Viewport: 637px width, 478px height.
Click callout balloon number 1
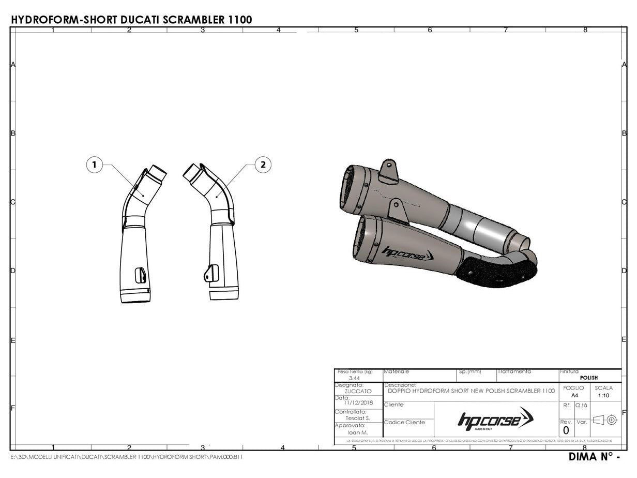[94, 165]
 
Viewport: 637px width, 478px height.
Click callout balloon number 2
[263, 165]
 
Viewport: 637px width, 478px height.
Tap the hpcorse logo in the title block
[495, 419]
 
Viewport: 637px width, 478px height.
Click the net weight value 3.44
[355, 379]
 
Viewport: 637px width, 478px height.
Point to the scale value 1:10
[603, 395]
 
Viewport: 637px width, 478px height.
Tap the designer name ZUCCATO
[358, 392]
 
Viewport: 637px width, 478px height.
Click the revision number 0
[566, 430]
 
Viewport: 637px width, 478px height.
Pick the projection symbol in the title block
[604, 420]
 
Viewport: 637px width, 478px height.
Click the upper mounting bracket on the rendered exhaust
[388, 171]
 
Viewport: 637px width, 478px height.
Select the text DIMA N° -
[594, 457]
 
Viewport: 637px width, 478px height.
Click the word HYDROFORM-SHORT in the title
[64, 20]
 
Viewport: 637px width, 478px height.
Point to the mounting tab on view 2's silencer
[209, 273]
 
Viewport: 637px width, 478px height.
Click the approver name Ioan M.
[358, 432]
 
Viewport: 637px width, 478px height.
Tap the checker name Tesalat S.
[358, 418]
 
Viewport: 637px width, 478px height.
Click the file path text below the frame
[127, 457]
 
